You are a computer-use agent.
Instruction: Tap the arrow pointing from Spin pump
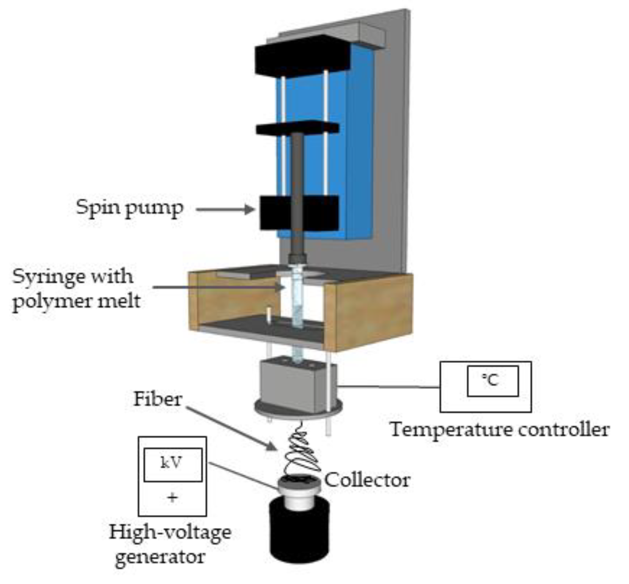[x=224, y=209]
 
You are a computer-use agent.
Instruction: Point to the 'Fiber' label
[x=158, y=399]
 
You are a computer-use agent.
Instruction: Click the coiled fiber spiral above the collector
[x=302, y=451]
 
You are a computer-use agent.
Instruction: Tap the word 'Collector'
[x=367, y=480]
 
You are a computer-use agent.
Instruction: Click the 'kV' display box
[x=172, y=464]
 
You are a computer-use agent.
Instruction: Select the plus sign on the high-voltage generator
[x=172, y=497]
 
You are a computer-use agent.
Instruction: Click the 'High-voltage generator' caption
[x=169, y=544]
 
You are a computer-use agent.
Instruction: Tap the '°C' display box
[x=492, y=380]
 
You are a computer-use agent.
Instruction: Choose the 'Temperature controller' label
[x=499, y=429]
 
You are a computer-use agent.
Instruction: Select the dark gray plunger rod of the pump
[x=297, y=178]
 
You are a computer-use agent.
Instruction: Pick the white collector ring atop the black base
[x=299, y=493]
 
